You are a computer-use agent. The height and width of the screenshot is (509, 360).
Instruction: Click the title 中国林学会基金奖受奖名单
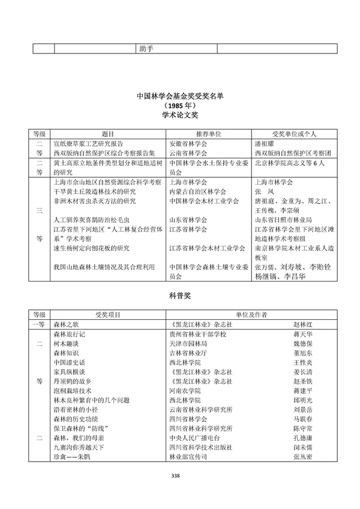pyautogui.click(x=180, y=94)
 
